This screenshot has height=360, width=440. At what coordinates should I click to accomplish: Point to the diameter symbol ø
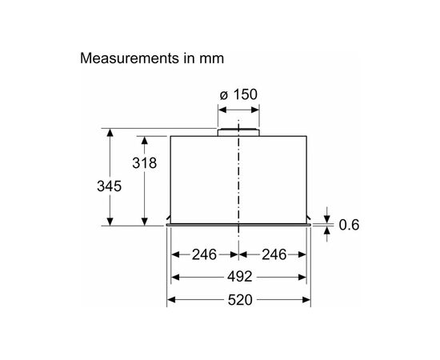point(223,95)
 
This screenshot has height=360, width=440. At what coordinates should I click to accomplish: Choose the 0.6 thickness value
point(349,225)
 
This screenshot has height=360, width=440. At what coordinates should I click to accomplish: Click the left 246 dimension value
point(204,255)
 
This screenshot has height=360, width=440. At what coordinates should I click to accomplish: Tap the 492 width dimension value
point(238,278)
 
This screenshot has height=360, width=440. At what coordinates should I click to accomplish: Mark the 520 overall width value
point(238,301)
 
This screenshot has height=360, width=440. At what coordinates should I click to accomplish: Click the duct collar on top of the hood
point(238,129)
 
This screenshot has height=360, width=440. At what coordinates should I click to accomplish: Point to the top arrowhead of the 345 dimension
point(109,130)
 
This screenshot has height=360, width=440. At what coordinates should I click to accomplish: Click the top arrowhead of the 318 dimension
point(145,139)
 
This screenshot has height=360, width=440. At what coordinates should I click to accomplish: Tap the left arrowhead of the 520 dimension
point(170,301)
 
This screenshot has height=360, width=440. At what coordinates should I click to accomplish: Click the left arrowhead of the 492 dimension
point(175,278)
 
